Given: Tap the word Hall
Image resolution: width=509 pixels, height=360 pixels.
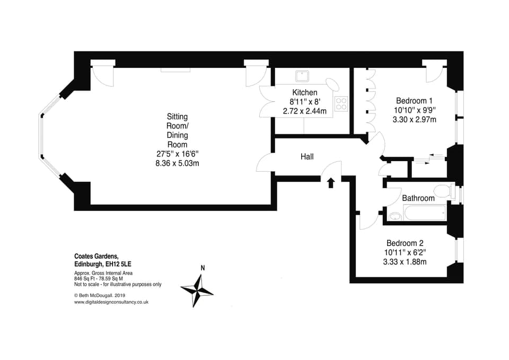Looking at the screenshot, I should (x=307, y=156).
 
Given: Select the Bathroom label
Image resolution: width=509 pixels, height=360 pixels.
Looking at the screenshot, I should (x=418, y=198).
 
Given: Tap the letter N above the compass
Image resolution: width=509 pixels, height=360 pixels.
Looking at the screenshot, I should (x=202, y=268).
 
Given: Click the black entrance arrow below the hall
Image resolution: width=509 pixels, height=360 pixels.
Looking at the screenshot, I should (x=331, y=183).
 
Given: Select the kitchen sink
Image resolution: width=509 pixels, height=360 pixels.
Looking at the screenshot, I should (x=303, y=76).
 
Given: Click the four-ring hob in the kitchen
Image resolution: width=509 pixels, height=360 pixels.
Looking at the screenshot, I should (x=341, y=103).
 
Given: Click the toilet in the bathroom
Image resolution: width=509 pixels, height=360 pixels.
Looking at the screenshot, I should (x=441, y=190).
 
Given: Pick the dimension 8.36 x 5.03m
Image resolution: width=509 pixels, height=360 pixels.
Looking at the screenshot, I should (x=177, y=163).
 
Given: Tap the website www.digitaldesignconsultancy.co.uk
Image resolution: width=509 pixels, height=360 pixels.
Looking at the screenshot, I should (x=111, y=302).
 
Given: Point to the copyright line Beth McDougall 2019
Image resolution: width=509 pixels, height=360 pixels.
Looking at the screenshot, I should (x=100, y=295).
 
